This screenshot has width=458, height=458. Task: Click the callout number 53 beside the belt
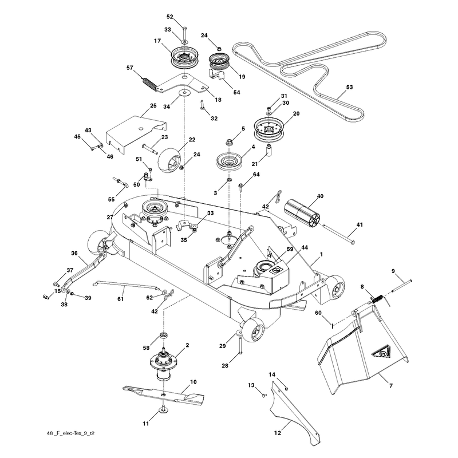tap(349, 87)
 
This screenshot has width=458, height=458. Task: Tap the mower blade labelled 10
tap(164, 395)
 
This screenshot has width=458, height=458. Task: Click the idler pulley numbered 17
tap(184, 58)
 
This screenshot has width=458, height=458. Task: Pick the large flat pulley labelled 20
tap(269, 129)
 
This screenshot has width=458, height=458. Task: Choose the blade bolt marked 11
tap(163, 409)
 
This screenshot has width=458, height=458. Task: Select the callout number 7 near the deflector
tap(391, 386)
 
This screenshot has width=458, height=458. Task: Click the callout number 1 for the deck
tap(322, 254)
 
